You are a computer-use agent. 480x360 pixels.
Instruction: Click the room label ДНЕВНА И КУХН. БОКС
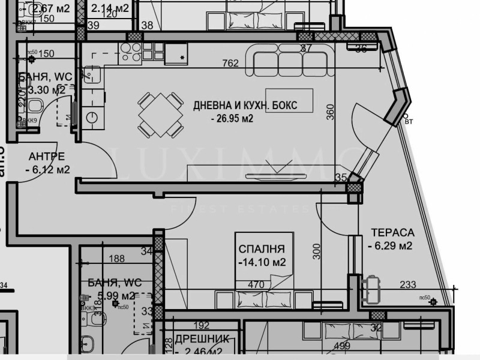[x=245, y=106]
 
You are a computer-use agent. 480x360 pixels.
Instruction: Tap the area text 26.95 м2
[x=232, y=119]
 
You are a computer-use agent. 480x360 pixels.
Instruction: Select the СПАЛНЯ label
[x=261, y=249]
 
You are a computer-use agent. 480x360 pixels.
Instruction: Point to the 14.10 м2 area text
[x=261, y=262]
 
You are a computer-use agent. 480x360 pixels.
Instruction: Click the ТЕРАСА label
[x=392, y=232]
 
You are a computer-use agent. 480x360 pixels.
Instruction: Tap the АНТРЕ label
[x=46, y=157]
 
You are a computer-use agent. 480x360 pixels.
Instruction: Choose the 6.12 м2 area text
[x=47, y=170]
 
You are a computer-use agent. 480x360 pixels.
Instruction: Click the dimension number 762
[x=230, y=63]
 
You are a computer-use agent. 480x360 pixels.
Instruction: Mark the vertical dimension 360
[x=330, y=112]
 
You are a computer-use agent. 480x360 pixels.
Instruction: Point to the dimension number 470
[x=256, y=285]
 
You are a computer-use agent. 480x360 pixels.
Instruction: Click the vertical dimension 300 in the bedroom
[x=317, y=251]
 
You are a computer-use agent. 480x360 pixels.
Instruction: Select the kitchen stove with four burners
[x=131, y=53]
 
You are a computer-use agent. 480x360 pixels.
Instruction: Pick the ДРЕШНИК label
[x=199, y=339]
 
